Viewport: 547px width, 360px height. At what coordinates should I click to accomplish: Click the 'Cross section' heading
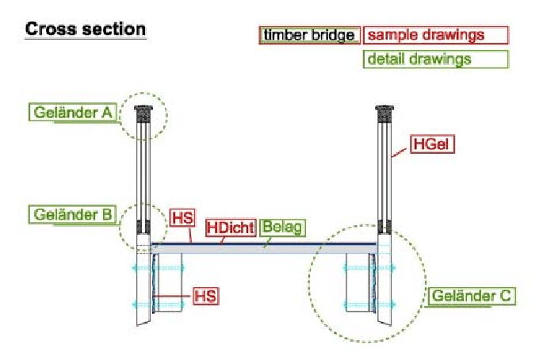tap(86, 29)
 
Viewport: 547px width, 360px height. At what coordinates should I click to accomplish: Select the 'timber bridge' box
tap(309, 35)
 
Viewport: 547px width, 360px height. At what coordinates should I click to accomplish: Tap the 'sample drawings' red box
tap(435, 35)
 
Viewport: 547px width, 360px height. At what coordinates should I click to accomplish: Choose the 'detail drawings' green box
tap(435, 59)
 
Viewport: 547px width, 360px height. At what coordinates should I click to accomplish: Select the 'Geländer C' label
tap(473, 297)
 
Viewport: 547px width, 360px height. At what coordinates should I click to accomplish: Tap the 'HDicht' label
tap(230, 228)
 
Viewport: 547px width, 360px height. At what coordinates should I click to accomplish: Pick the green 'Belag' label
tap(282, 228)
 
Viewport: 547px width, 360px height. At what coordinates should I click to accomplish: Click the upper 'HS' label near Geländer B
tap(182, 216)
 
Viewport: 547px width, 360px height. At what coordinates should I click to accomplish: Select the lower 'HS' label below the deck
tap(205, 296)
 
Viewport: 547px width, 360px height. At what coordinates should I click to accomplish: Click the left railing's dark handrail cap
tap(143, 112)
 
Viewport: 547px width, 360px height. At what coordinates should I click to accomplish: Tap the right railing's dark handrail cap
tap(384, 112)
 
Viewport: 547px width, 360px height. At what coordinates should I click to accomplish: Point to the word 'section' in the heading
tap(116, 29)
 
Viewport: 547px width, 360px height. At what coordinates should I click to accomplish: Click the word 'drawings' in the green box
tap(443, 59)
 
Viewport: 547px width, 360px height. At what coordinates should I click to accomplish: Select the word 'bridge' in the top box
tap(333, 35)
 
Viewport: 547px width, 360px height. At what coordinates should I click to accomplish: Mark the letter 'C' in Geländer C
tap(506, 297)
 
